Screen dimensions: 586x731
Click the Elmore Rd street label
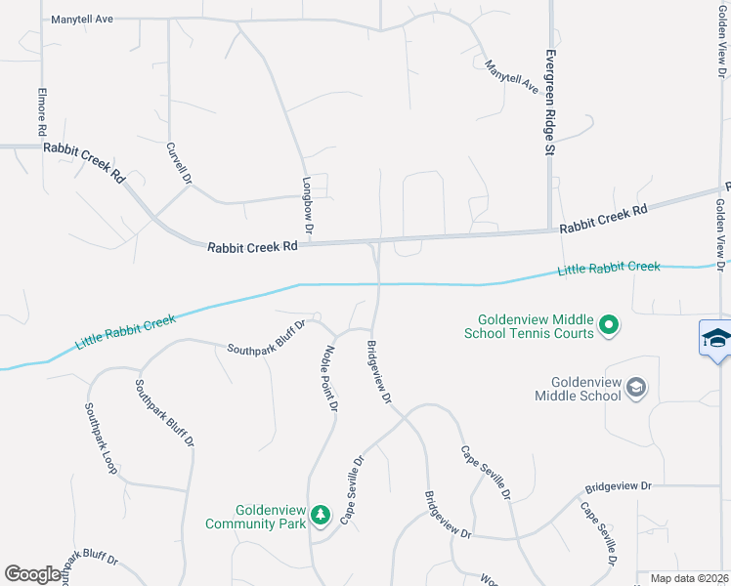41,112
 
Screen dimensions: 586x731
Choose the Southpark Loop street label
101,439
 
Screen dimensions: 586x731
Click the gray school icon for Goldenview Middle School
637,388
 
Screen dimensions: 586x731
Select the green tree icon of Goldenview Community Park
320,514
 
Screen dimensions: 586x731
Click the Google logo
33,574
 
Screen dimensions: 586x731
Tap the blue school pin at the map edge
715,339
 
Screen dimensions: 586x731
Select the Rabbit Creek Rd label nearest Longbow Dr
252,247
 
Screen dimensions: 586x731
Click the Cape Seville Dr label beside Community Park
352,490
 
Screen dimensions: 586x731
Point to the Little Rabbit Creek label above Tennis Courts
608,269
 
